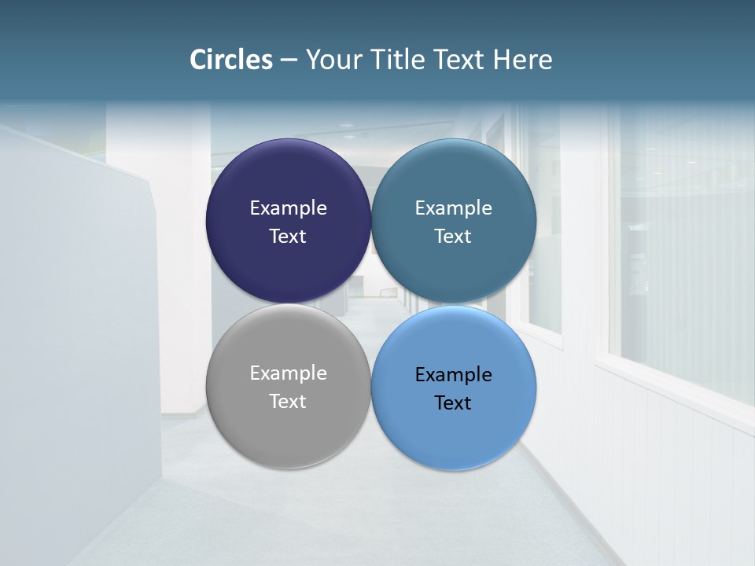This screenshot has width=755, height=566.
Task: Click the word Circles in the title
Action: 230,60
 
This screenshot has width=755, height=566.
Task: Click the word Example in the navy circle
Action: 288,208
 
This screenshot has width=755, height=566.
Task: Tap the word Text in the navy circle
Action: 288,236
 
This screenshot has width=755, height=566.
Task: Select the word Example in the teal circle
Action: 454,208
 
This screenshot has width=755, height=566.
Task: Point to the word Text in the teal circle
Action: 454,236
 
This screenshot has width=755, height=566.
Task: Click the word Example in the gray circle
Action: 288,373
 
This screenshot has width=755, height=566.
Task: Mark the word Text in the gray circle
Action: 288,401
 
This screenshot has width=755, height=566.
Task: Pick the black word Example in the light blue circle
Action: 454,374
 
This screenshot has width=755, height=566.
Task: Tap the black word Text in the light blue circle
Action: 454,402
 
